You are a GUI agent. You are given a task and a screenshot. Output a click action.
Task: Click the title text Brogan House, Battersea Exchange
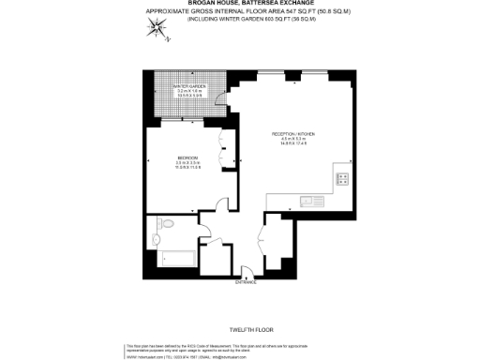[239, 5]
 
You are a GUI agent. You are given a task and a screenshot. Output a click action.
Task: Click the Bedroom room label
[188, 161]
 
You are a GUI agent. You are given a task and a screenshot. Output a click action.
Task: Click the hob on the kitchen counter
[343, 179]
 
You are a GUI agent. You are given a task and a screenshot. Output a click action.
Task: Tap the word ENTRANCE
[246, 281]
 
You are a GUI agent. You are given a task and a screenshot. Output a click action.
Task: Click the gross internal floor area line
[239, 12]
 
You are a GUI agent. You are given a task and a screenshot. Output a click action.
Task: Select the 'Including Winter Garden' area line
[239, 19]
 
